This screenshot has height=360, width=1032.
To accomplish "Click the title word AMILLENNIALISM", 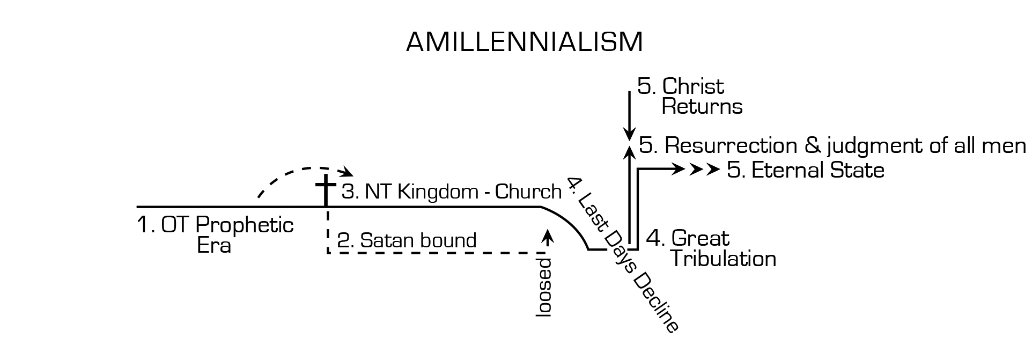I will pos(524,42).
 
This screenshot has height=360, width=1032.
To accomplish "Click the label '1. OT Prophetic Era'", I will pos(215,235).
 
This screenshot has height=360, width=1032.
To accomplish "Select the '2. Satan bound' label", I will pos(407,240).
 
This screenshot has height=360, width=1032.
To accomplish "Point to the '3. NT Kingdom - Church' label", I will pos(452,192).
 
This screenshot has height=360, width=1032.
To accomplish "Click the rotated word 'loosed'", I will pos(544,288).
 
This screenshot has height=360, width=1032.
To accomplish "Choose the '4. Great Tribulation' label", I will pos(711,248).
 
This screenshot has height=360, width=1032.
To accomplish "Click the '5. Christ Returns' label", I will pos(690,97).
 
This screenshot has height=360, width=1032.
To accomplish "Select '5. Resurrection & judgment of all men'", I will pos(832,145).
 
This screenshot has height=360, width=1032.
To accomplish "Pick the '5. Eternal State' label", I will pos(805,170).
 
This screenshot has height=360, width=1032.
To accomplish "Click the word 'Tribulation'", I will pos(723,259).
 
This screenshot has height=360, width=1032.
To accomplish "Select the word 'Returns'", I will pos(702,107).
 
